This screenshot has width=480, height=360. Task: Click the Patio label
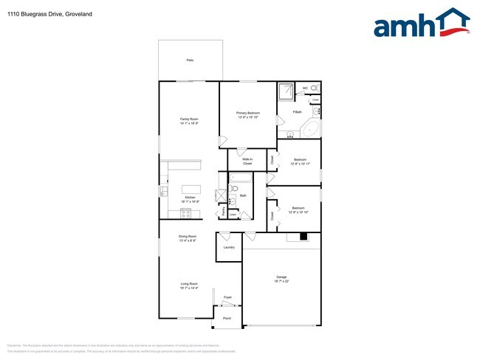pyautogui.click(x=190, y=60)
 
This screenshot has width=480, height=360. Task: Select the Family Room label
pyautogui.click(x=189, y=120)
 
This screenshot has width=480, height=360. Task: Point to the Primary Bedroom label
pyautogui.click(x=248, y=114)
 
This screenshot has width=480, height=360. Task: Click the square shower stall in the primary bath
pyautogui.click(x=286, y=91)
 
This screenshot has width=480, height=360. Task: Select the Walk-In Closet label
pyautogui.click(x=247, y=161)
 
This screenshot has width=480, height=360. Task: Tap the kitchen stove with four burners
pyautogui.click(x=186, y=214)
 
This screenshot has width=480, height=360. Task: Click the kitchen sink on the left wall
pyautogui.click(x=164, y=191)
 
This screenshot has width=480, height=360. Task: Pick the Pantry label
pyautogui.click(x=223, y=211)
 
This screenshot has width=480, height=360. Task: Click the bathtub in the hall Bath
pyautogui.click(x=241, y=178)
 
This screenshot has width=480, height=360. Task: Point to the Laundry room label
pyautogui.click(x=229, y=247)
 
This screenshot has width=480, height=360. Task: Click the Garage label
pyautogui.click(x=281, y=279)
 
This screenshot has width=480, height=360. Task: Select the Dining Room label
pyautogui.click(x=188, y=238)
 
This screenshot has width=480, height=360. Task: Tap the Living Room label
pyautogui.click(x=189, y=285)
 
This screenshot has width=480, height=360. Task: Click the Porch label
pyautogui.click(x=227, y=319)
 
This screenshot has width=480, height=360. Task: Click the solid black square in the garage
pyautogui.click(x=303, y=237)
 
